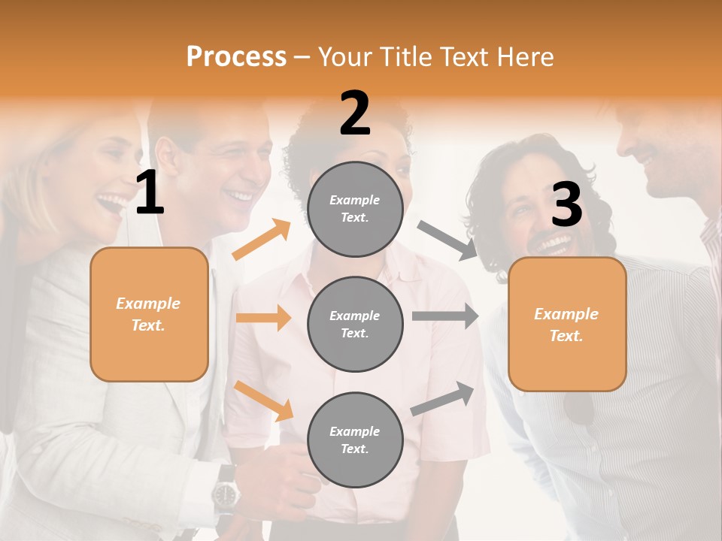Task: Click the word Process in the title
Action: click(x=236, y=56)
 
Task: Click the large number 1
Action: click(x=150, y=193)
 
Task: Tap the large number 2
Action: click(x=355, y=113)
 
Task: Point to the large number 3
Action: click(x=566, y=205)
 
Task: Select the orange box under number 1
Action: click(x=149, y=314)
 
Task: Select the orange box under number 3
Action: click(x=567, y=324)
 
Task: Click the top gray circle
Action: click(x=355, y=209)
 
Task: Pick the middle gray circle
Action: click(x=355, y=324)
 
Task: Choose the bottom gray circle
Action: click(x=355, y=440)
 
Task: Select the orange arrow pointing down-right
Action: click(x=264, y=401)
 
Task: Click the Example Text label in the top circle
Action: click(x=355, y=209)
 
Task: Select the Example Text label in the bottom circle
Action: click(x=355, y=440)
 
